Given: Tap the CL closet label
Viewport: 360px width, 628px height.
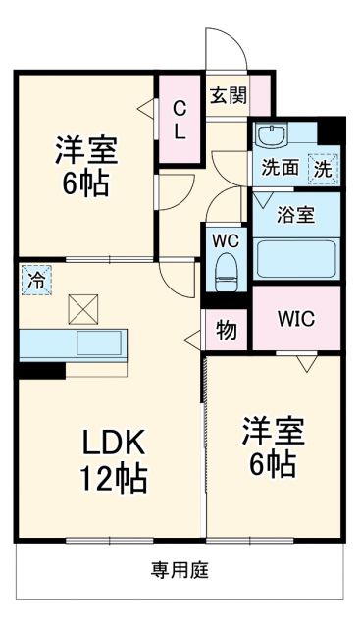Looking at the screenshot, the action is point(180,119).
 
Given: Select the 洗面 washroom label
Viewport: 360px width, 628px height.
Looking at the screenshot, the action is point(281,167).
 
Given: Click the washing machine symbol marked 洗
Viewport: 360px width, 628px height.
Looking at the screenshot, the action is point(323,168).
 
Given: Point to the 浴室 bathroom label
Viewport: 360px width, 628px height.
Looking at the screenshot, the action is point(295,214).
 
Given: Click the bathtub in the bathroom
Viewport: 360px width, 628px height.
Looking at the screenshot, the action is point(295,259).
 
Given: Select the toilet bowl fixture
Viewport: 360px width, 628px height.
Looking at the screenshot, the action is point(227,268).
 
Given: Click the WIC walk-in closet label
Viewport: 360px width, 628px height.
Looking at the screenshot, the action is point(295,319).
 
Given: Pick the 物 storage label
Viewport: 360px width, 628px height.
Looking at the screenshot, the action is point(227,331).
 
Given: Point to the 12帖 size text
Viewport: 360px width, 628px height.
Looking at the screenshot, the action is point(113,479).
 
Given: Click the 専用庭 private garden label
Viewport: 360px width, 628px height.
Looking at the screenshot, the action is point(180,570).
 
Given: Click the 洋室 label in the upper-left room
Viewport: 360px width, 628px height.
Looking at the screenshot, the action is point(86,150).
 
